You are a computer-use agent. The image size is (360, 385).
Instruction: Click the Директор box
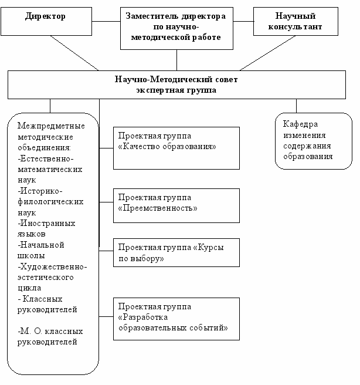pos(46,21)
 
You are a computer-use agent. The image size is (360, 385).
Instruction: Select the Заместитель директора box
pos(176,28)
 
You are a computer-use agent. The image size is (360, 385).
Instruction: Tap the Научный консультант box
pos(296,21)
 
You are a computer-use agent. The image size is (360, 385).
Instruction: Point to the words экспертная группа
pos(176,90)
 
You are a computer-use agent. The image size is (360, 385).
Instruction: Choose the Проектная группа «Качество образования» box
pos(176,148)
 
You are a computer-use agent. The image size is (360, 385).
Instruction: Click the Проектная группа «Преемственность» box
pos(176,206)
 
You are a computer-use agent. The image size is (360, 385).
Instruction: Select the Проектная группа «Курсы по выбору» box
pos(176,252)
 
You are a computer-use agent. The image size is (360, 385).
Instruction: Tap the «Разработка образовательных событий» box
pos(176,319)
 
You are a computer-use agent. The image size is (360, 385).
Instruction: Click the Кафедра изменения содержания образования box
pos(314,141)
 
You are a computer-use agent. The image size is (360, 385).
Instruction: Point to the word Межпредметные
pos(51,126)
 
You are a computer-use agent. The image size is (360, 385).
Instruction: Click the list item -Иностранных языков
pos(46,229)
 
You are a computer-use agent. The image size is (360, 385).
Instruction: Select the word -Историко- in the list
pos(40,191)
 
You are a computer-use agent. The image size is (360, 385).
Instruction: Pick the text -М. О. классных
pos(50,331)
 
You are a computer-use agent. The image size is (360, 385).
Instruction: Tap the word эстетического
pos(45,277)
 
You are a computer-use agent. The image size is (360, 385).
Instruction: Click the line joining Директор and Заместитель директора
pos(106,21)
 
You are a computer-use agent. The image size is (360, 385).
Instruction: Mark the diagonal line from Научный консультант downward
pos(267,53)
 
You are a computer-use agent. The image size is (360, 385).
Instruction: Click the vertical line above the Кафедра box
pos(296,106)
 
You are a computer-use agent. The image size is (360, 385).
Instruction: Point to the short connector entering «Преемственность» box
pos(106,202)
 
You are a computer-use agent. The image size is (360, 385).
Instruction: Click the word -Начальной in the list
pos(41,245)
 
